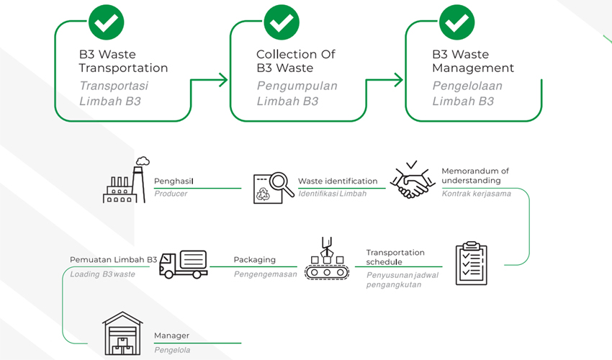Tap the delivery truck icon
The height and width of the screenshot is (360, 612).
[x=183, y=264]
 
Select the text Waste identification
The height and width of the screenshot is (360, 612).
[x=338, y=181]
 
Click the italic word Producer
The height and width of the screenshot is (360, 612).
[x=171, y=194]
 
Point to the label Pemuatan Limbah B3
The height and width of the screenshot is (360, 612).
[x=113, y=259]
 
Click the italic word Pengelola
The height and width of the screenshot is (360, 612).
[x=173, y=350]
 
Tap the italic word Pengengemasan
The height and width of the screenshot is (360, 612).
[x=265, y=274]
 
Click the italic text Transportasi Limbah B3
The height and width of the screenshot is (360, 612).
[x=115, y=94]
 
